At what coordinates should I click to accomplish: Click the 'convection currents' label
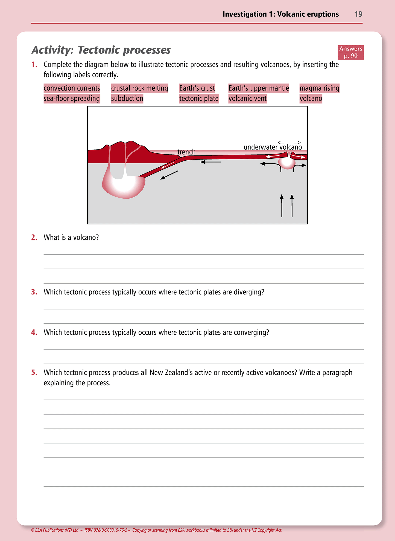[72, 88]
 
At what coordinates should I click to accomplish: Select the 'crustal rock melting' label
[139, 88]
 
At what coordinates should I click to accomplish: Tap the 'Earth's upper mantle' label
[259, 88]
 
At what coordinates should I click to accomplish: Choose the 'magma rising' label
[319, 88]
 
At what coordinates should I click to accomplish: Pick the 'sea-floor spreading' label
[72, 99]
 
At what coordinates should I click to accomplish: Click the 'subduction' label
[127, 99]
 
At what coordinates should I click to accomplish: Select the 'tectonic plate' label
[199, 99]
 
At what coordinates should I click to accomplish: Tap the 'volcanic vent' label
[247, 99]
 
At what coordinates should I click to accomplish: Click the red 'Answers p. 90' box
[350, 52]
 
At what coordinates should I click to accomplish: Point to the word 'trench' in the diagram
[186, 152]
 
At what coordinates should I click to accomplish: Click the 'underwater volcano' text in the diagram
[273, 147]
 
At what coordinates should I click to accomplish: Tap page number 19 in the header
[358, 14]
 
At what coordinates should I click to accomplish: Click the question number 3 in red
[34, 292]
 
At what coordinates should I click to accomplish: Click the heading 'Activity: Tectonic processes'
[101, 50]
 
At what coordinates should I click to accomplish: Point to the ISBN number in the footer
[106, 530]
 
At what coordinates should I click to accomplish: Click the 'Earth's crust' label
[197, 88]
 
